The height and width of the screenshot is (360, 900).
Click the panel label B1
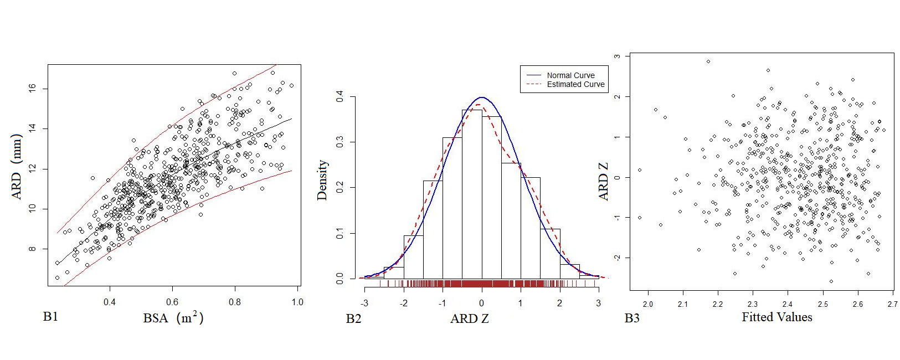50,317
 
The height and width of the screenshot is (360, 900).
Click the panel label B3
632,318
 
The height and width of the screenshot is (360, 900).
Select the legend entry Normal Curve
570,75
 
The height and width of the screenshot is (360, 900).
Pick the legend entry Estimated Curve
575,84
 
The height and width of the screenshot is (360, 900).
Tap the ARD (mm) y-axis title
17,166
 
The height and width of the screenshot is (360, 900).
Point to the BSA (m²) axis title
173,318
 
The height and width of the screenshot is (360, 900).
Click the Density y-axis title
322,180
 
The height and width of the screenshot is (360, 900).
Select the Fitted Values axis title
776,317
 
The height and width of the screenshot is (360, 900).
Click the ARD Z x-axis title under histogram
470,318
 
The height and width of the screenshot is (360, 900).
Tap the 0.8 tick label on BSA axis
235,302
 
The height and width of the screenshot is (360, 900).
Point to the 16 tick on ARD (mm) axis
32,88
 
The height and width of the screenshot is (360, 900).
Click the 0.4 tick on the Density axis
340,97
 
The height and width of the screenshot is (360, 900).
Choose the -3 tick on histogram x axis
364,303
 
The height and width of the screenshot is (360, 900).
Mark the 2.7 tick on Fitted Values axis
892,304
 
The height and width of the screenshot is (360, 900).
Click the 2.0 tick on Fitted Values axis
647,304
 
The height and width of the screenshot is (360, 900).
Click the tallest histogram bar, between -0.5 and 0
472,194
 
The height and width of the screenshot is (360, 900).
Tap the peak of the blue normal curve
481,97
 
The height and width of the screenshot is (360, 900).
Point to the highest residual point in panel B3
708,61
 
